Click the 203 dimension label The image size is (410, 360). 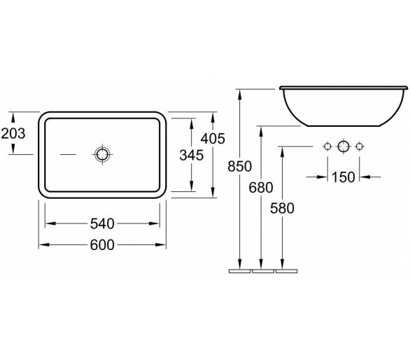click(x=13, y=133)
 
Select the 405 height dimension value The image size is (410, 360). click(x=213, y=139)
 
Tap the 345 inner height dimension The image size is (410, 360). click(x=192, y=155)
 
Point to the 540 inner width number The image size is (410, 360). click(x=102, y=224)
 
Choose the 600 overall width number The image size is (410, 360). click(x=102, y=245)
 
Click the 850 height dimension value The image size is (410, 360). click(x=239, y=166)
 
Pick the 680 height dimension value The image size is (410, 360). click(x=261, y=188)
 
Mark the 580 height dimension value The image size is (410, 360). click(x=282, y=209)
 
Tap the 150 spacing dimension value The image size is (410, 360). click(x=344, y=177)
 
